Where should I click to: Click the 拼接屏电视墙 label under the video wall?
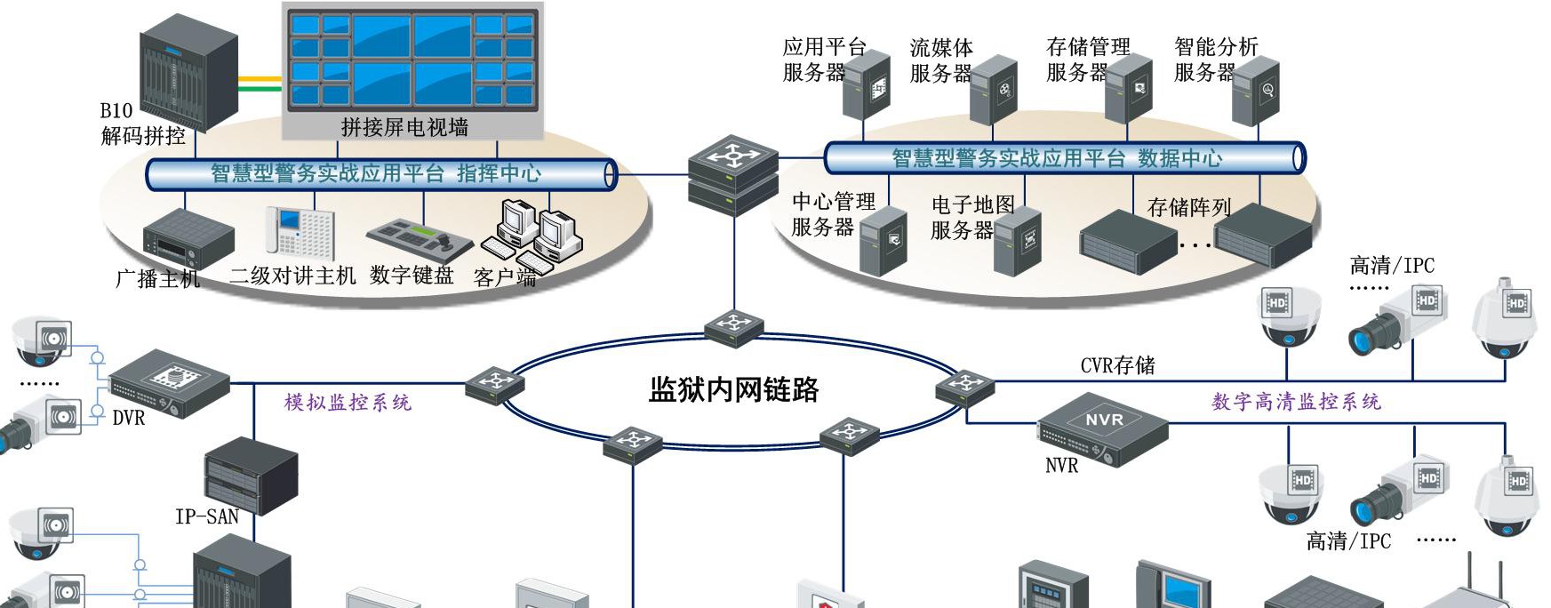[404, 127]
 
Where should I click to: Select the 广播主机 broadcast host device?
[188, 238]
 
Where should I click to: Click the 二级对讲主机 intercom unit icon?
[300, 232]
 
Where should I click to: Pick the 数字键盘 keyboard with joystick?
[420, 238]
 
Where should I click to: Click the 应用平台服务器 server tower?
[867, 85]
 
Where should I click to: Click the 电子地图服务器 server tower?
[1018, 241]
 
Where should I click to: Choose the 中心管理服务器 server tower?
[883, 241]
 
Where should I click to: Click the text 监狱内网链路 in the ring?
[733, 389]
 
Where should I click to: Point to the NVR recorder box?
[1103, 430]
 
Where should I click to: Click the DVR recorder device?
[169, 382]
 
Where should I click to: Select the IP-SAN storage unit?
[252, 476]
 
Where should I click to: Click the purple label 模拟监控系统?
[348, 403]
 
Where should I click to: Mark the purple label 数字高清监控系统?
[1296, 402]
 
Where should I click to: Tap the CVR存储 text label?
[1117, 365]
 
